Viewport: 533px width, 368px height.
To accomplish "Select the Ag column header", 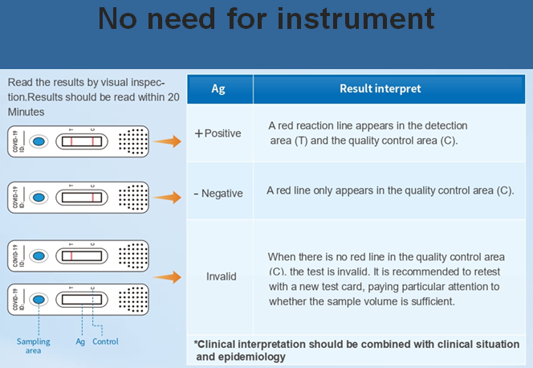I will coord(218,88).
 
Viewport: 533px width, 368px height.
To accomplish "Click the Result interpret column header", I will coord(380,88).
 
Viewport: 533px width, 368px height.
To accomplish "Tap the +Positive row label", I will coord(218,133).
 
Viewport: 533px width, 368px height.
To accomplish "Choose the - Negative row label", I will coord(218,194).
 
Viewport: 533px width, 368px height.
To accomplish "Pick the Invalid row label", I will coord(221,276).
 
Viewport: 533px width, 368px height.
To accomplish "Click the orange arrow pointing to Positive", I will coord(167,141).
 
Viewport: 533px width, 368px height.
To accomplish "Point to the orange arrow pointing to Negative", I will coord(167,198).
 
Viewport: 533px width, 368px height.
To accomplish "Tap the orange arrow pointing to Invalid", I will coord(167,277).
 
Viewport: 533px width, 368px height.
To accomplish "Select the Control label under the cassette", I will coord(105,341).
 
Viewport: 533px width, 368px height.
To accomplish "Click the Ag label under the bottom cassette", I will coord(80,341).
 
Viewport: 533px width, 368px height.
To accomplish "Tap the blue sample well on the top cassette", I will coord(39,142).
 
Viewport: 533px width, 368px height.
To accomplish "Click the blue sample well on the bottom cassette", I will coord(39,301).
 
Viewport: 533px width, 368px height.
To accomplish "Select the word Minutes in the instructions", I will coord(26,112).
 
